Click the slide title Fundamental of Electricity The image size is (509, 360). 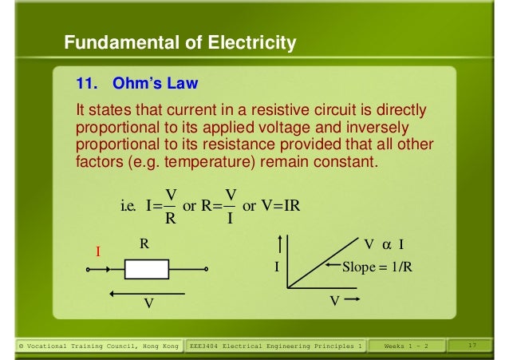click(180, 42)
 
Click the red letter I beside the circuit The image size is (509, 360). click(98, 251)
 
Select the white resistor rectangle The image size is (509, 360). click(146, 269)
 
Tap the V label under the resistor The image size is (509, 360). click(148, 304)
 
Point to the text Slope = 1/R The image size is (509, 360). click(377, 267)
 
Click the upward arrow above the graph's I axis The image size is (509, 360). click(281, 243)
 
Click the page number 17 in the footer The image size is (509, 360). click(472, 346)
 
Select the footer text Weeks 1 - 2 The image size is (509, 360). click(406, 346)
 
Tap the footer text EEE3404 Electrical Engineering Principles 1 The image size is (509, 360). click(276, 346)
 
